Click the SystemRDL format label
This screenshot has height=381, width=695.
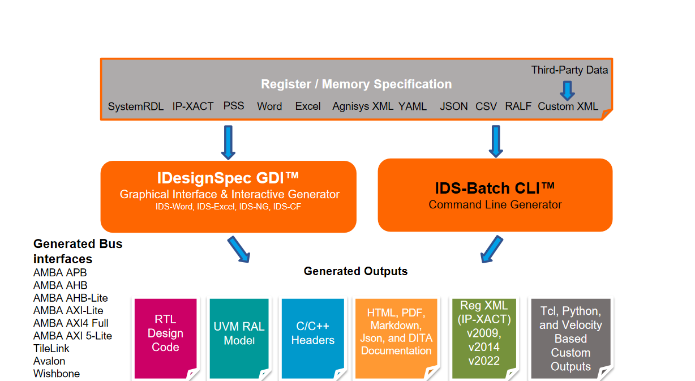click(136, 106)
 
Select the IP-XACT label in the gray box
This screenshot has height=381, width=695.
click(193, 106)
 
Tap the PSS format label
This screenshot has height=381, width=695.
click(234, 106)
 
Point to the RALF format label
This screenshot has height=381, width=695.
click(518, 106)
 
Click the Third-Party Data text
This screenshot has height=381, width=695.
click(569, 70)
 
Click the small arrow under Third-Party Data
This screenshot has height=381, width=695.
click(567, 89)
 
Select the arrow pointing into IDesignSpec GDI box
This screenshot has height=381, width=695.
click(228, 142)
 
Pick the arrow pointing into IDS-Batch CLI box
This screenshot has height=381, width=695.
click(496, 141)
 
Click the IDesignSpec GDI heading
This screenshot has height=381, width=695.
click(228, 179)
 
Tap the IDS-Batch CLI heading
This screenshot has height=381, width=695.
click(495, 188)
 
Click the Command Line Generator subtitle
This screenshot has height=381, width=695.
click(495, 205)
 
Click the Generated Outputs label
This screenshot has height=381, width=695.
click(355, 271)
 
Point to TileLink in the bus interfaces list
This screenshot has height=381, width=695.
click(52, 348)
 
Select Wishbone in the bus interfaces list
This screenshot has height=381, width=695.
click(57, 374)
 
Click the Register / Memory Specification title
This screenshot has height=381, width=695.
click(356, 84)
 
